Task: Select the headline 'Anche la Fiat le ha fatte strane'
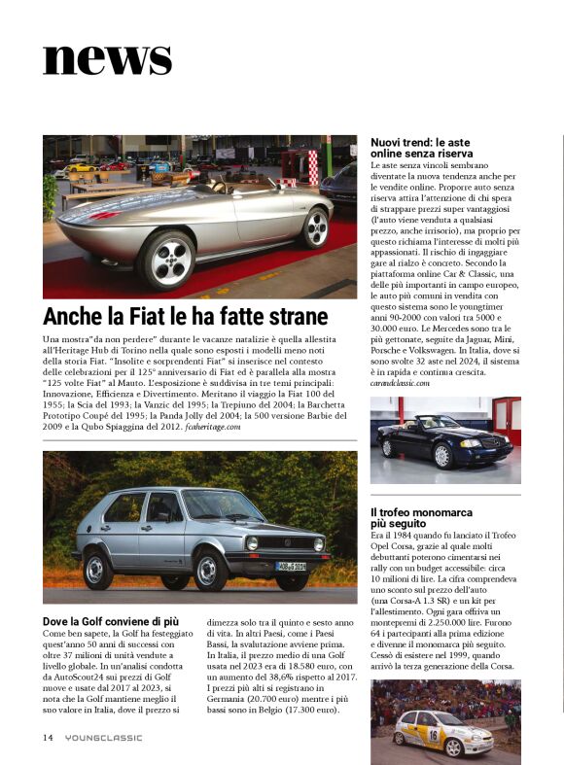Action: pyautogui.click(x=186, y=316)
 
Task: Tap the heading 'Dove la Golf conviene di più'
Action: pyautogui.click(x=111, y=620)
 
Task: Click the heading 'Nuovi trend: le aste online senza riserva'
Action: pyautogui.click(x=422, y=148)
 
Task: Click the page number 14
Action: pyautogui.click(x=48, y=737)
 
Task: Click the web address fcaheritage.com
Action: pyautogui.click(x=205, y=427)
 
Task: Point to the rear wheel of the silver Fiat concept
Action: pyautogui.click(x=315, y=227)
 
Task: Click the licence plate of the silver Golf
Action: pyautogui.click(x=290, y=566)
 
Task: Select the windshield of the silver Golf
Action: pyautogui.click(x=223, y=505)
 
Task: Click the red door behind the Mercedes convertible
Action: pyautogui.click(x=507, y=419)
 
